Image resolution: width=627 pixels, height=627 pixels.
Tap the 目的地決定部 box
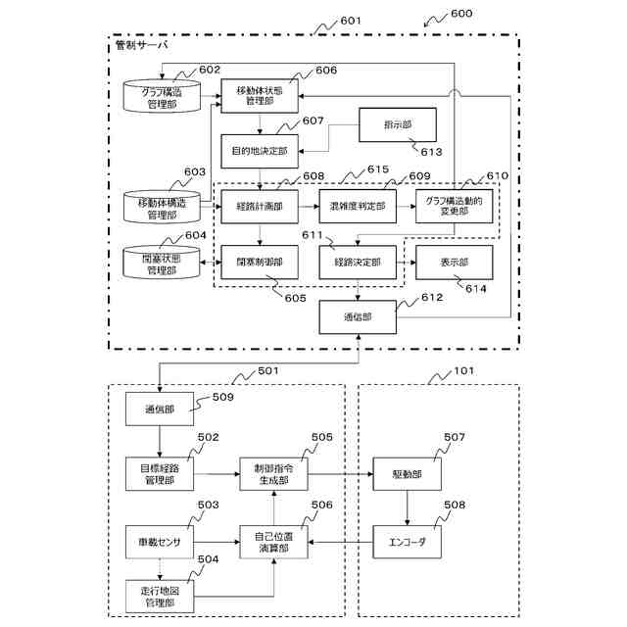(x=259, y=151)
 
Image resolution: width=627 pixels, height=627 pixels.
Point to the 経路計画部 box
(x=259, y=206)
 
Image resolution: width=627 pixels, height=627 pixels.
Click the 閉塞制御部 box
(x=259, y=263)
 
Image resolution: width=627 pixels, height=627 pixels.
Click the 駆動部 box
(x=406, y=474)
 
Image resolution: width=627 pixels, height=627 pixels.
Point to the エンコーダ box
(x=406, y=541)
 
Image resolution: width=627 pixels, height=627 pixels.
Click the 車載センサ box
(x=160, y=541)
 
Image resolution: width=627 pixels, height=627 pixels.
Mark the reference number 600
(x=459, y=17)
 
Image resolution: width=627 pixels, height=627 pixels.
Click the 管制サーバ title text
(x=142, y=45)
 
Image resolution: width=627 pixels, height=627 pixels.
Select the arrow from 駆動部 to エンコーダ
(x=406, y=507)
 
